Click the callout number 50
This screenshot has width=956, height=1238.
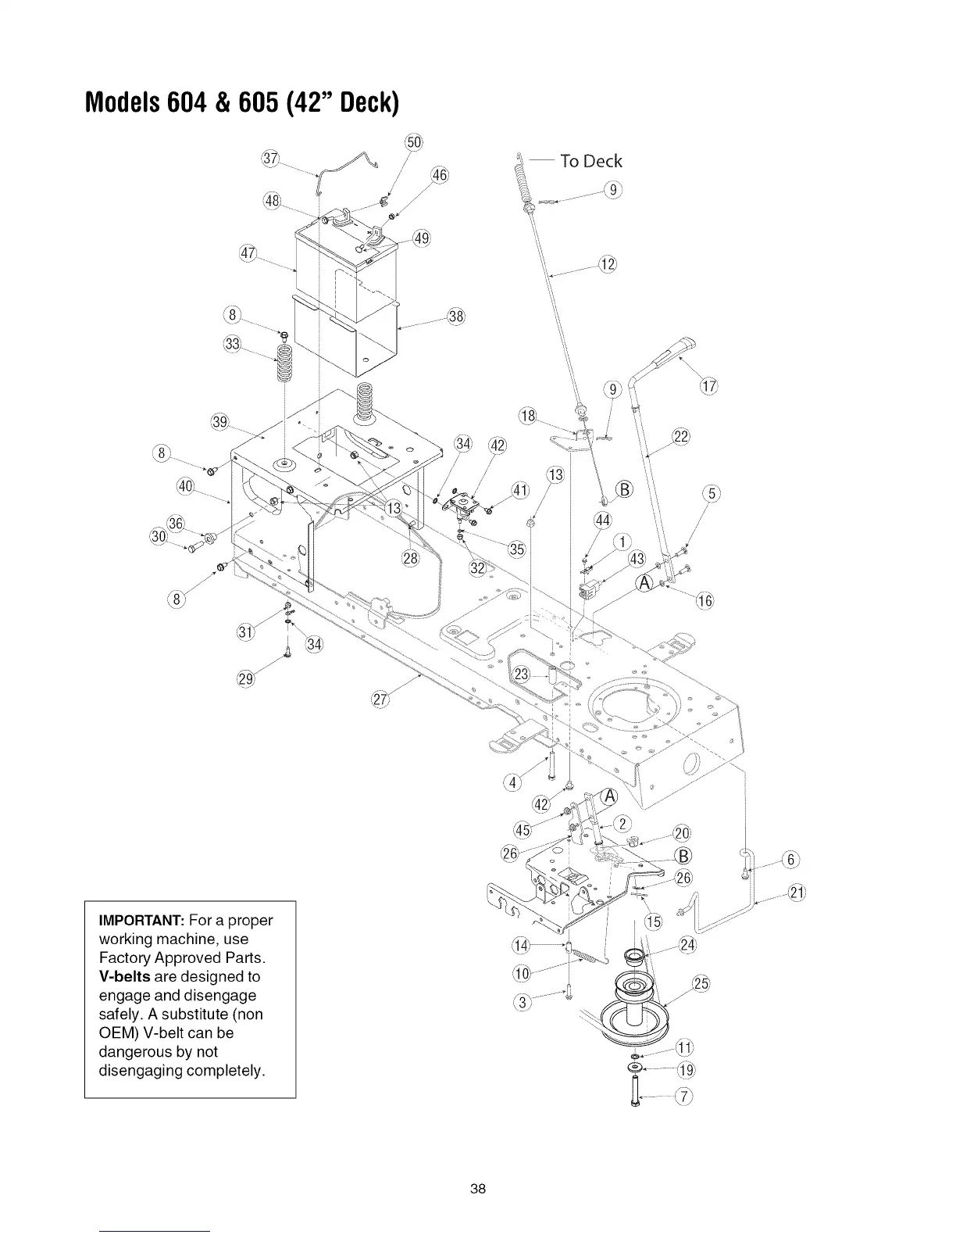413,141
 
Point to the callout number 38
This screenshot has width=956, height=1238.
456,317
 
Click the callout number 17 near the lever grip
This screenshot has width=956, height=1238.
708,387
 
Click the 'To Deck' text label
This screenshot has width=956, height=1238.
590,161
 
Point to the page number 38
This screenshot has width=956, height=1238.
478,1189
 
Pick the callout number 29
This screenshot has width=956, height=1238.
246,677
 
